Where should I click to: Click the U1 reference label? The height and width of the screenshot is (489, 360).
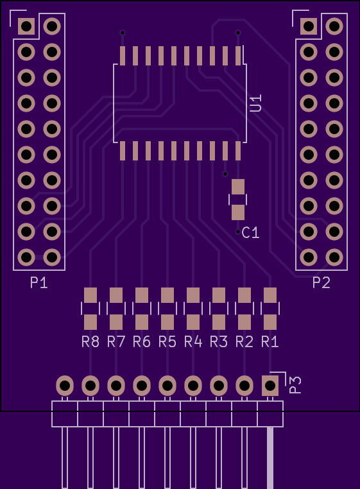256,103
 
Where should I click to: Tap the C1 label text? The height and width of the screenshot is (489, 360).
250,233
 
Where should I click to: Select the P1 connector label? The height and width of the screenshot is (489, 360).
39,282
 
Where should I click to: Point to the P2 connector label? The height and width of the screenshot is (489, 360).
321,282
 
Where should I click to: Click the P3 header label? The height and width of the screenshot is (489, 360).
295,385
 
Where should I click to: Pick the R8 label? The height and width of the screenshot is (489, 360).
90,342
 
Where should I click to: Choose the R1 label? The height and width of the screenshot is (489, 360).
270,342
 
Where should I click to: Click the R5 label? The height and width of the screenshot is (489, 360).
167,342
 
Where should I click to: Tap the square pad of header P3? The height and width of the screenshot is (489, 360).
270,386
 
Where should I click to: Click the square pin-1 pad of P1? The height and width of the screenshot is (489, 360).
26,26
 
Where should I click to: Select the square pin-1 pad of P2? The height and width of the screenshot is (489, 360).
309,26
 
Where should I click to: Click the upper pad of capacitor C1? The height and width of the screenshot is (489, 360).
238,187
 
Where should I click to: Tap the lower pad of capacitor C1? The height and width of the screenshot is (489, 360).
238,212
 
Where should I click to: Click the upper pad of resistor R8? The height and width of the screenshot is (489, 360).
90,295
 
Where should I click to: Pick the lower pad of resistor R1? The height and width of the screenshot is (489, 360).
270,322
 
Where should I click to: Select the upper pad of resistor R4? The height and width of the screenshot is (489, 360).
193,295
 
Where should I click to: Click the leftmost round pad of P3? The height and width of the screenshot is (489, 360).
65,386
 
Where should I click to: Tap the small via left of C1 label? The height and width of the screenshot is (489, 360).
238,232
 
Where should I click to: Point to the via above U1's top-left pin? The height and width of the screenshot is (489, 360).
123,33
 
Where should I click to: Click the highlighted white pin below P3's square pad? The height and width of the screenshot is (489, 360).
270,458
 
